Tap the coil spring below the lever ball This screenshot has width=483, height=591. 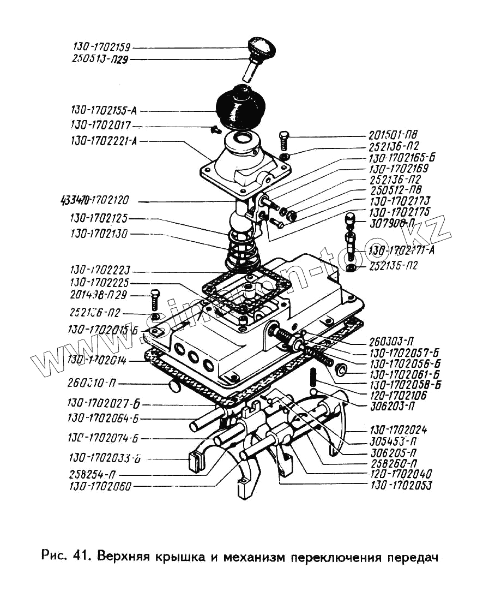(x=244, y=251)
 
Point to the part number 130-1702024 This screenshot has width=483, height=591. (x=397, y=431)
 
